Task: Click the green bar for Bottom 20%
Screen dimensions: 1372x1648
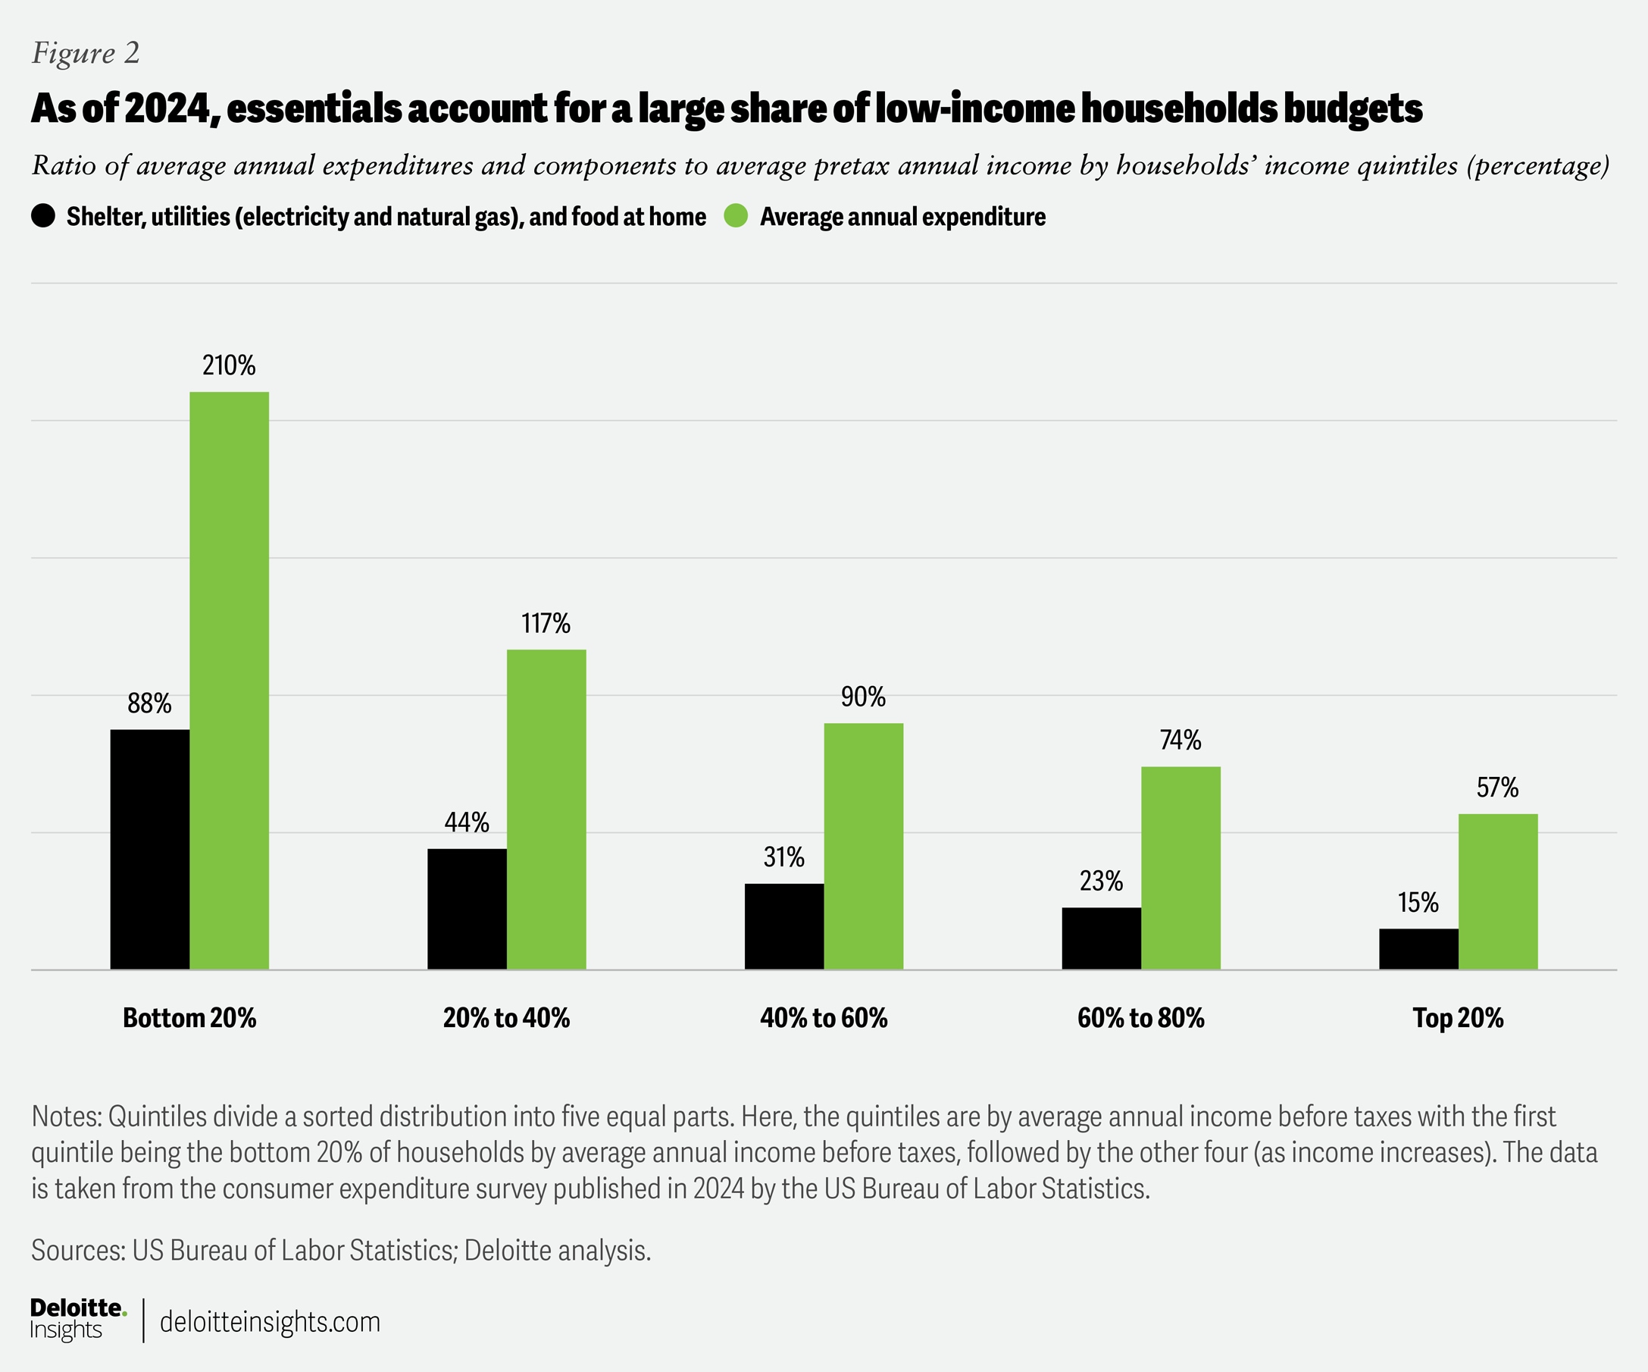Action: [x=229, y=681]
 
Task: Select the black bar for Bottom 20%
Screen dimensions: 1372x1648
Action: [x=150, y=849]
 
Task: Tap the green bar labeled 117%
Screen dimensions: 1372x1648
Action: [x=546, y=810]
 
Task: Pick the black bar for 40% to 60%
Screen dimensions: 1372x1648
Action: [x=784, y=926]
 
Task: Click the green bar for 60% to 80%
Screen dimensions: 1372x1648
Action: [x=1180, y=867]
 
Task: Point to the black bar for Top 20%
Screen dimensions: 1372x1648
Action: [x=1418, y=949]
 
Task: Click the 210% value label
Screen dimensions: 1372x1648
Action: [x=229, y=366]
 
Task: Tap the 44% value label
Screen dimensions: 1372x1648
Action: [x=467, y=822]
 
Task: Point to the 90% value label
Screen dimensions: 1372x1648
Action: [x=863, y=697]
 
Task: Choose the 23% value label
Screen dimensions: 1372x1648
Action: [x=1101, y=882]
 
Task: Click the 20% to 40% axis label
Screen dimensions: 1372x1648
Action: [x=506, y=1018]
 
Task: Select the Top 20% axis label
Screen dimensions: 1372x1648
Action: [x=1458, y=1018]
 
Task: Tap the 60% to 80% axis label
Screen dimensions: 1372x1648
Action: [x=1140, y=1018]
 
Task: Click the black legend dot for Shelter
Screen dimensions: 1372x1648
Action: [x=43, y=216]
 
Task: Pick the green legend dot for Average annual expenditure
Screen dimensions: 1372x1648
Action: [x=735, y=216]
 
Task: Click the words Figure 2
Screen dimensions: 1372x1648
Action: [x=86, y=52]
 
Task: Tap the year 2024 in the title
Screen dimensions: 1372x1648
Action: [x=167, y=108]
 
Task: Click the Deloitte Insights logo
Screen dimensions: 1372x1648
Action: [x=78, y=1320]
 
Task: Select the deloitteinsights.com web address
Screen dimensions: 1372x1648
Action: [x=270, y=1322]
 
